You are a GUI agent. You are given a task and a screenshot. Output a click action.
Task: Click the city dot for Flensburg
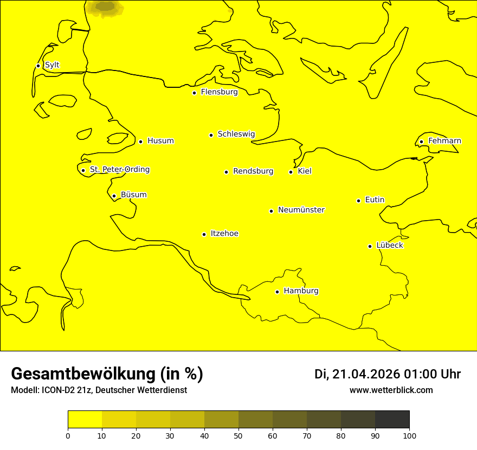pyautogui.click(x=194, y=93)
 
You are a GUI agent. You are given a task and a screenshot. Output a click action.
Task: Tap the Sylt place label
pyautogui.click(x=52, y=65)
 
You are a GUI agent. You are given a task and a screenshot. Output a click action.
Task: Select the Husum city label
pyautogui.click(x=160, y=141)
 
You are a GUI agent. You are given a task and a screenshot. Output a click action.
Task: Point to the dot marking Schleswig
pyautogui.click(x=211, y=135)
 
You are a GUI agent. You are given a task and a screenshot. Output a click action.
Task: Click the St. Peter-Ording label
pyautogui.click(x=120, y=170)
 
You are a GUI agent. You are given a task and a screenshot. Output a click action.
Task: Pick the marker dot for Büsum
pyautogui.click(x=114, y=196)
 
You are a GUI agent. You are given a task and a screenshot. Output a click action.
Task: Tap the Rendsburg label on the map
pyautogui.click(x=253, y=171)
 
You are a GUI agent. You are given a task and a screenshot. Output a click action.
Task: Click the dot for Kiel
pyautogui.click(x=291, y=172)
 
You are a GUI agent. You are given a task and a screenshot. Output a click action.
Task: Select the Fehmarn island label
pyautogui.click(x=444, y=141)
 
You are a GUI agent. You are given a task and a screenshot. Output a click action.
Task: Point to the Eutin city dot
pyautogui.click(x=358, y=201)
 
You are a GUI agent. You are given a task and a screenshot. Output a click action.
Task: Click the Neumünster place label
pyautogui.click(x=301, y=210)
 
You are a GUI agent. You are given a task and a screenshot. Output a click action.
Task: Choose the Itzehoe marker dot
pyautogui.click(x=204, y=234)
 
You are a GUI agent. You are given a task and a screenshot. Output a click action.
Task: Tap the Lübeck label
pyautogui.click(x=389, y=245)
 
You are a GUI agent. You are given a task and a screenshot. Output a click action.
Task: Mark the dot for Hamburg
pyautogui.click(x=277, y=292)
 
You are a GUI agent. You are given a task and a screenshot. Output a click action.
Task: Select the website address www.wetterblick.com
pyautogui.click(x=391, y=390)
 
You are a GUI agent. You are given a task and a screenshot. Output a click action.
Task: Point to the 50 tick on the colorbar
pyautogui.click(x=238, y=435)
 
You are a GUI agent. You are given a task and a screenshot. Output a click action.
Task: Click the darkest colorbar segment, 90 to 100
pyautogui.click(x=392, y=419)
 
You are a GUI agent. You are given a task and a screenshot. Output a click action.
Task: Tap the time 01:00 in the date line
pyautogui.click(x=419, y=374)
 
